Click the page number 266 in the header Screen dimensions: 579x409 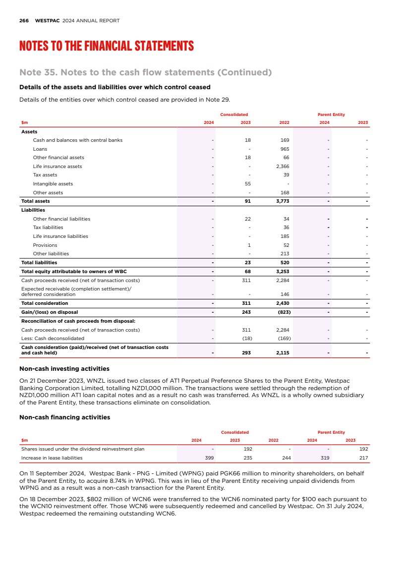(x=24, y=21)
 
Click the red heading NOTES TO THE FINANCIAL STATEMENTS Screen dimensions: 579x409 (x=106, y=47)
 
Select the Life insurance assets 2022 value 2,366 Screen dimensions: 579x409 (x=283, y=167)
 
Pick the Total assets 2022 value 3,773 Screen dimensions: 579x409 (x=283, y=201)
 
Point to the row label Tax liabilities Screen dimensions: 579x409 (x=48, y=228)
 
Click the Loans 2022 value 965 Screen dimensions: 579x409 (x=285, y=149)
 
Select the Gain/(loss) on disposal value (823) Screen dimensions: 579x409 (x=283, y=312)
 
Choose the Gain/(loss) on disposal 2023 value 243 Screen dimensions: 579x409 (x=246, y=312)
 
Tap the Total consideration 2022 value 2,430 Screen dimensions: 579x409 (x=283, y=303)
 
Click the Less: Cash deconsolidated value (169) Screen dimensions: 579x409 (x=283, y=339)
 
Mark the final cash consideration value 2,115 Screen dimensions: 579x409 (x=283, y=353)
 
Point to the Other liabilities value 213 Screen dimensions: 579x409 (x=285, y=254)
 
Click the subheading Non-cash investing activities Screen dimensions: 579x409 (x=64, y=369)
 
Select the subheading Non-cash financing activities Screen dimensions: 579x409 (x=64, y=417)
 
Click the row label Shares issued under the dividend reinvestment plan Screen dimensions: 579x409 (x=82, y=449)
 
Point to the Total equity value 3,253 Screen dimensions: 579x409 (x=283, y=272)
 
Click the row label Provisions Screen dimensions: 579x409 (x=45, y=245)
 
